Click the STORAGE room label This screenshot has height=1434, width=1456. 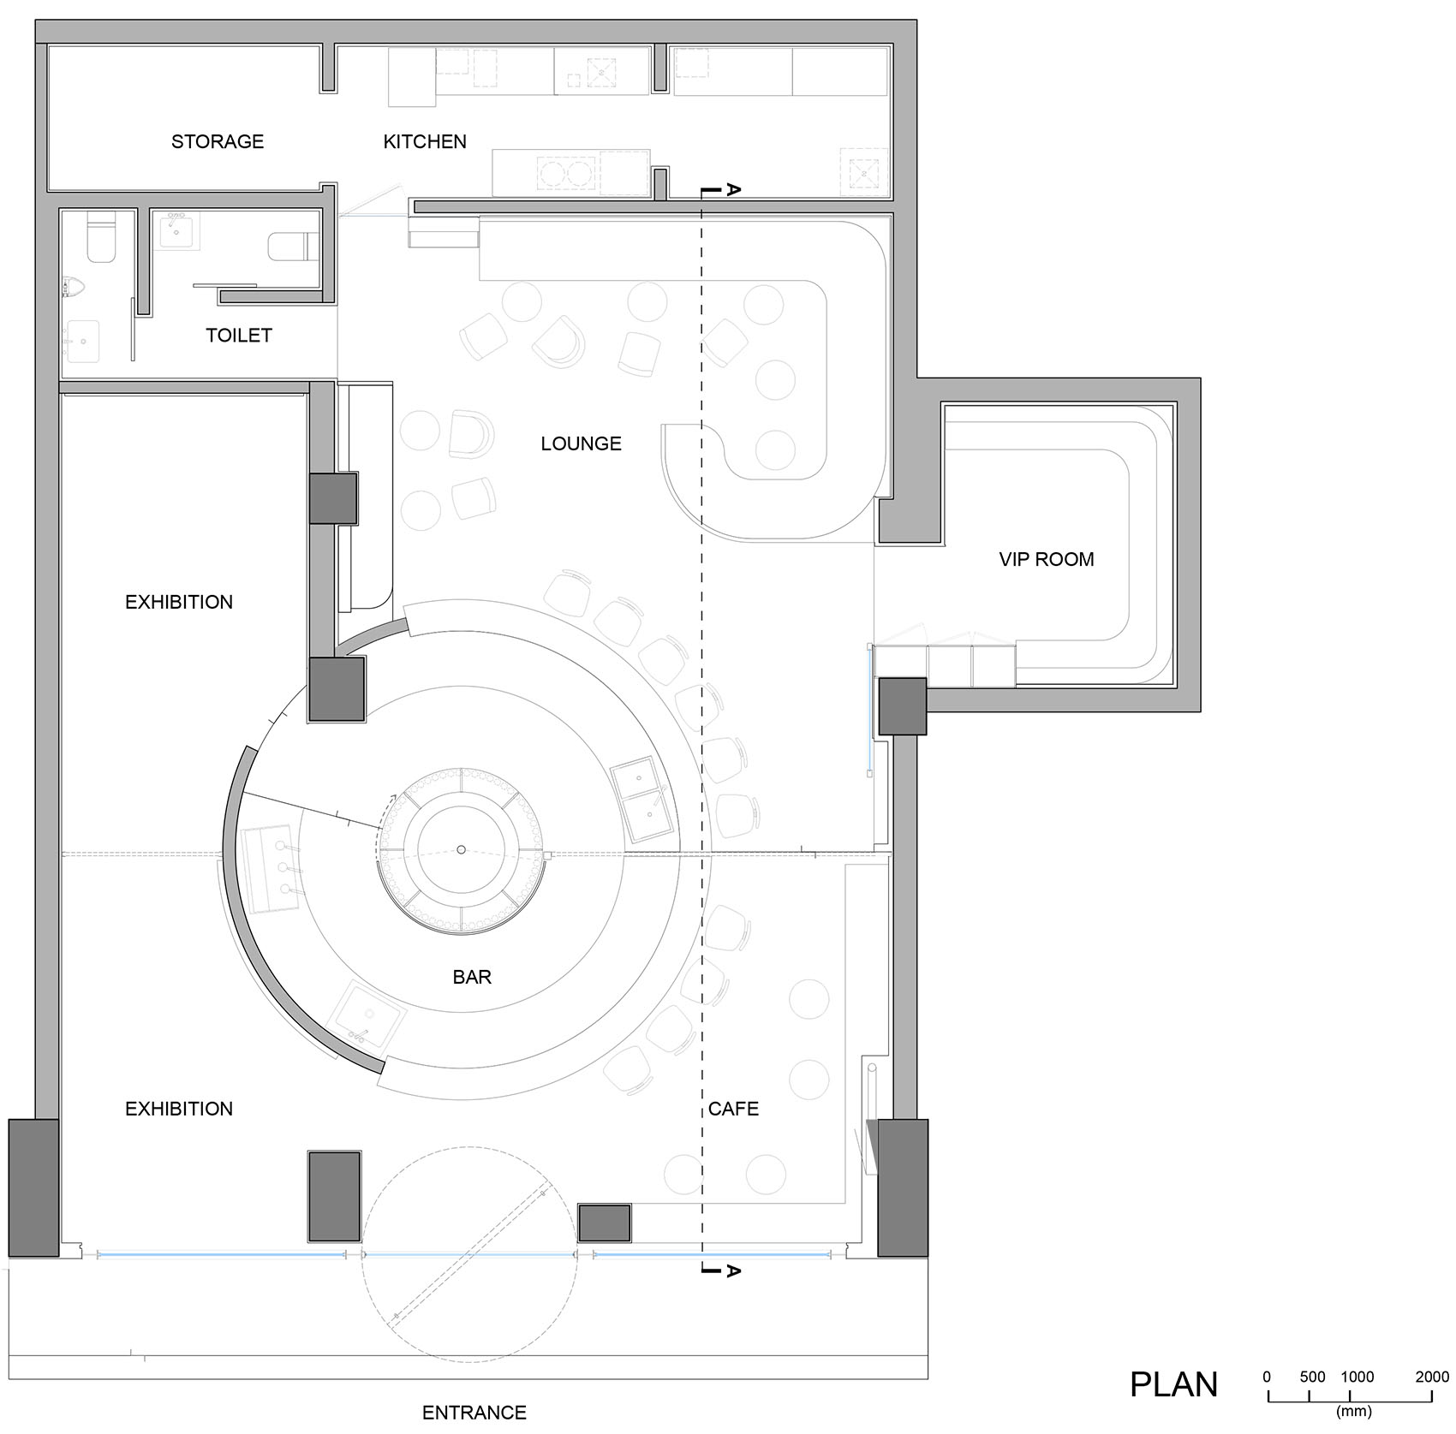tap(218, 141)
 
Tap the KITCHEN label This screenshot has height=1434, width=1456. tap(425, 141)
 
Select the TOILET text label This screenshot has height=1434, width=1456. tap(239, 336)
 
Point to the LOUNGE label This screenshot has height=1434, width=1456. tap(581, 443)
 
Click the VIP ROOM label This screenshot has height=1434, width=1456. tap(1047, 559)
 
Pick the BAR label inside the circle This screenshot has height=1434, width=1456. tap(472, 977)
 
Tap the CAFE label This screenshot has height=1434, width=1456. tap(733, 1109)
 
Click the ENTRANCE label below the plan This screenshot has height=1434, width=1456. tap(474, 1413)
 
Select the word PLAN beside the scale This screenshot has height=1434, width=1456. tap(1173, 1384)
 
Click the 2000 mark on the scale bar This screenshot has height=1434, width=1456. tap(1432, 1377)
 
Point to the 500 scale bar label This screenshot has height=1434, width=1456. tap(1312, 1377)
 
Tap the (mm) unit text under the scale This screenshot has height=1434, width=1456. tap(1353, 1411)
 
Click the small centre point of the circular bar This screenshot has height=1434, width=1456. tap(461, 849)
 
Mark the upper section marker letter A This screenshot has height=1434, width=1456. tap(732, 189)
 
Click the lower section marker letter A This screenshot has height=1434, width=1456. tap(732, 1271)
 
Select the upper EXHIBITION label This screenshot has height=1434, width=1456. tap(179, 602)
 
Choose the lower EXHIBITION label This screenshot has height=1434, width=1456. tap(179, 1109)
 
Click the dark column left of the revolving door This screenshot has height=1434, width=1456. tap(334, 1197)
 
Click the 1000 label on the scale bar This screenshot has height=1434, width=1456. tap(1357, 1377)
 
